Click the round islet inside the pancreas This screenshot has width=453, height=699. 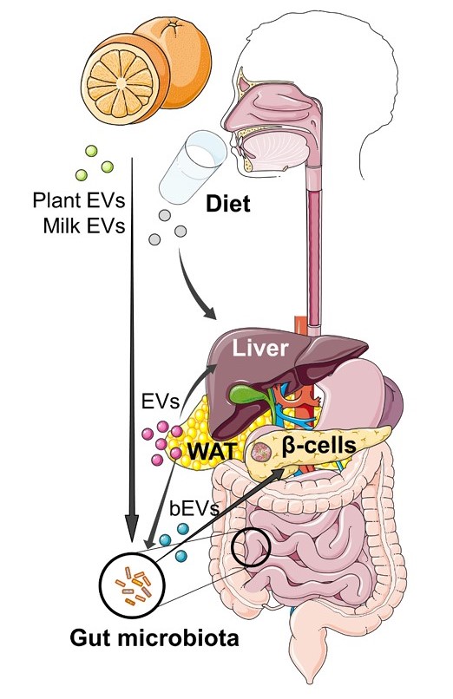[x=262, y=451]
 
